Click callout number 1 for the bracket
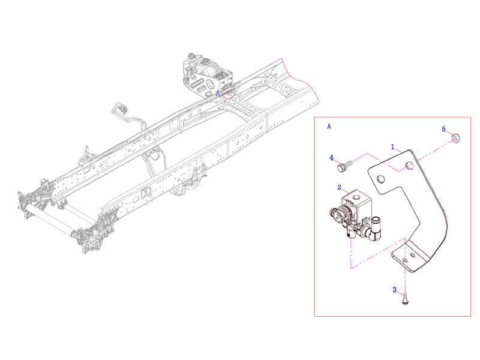click(x=393, y=146)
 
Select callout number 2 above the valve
click(x=339, y=187)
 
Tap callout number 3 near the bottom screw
click(x=395, y=290)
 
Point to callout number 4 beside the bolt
click(x=331, y=158)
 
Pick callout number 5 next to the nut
click(x=444, y=129)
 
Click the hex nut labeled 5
click(x=455, y=139)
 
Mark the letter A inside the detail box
click(x=329, y=127)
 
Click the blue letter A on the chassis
click(x=218, y=94)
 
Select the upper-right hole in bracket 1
click(x=410, y=166)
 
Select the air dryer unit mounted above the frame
click(x=207, y=75)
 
